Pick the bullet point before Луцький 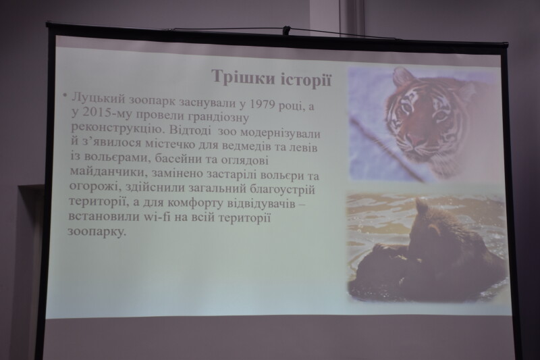point(64,95)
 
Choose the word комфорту point(196,203)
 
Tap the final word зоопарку point(95,232)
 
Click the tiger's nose point(416,140)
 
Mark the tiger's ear point(403,76)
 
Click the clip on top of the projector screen point(286,30)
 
